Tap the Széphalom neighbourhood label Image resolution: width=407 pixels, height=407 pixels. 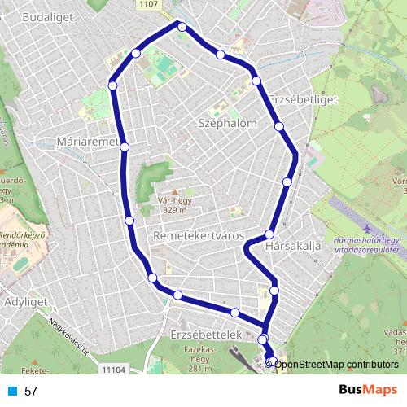pyautogui.click(x=228, y=123)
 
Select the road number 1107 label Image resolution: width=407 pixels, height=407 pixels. pyautogui.click(x=171, y=5)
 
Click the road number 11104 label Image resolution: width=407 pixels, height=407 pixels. pyautogui.click(x=115, y=370)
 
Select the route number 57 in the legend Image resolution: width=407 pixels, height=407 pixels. pyautogui.click(x=31, y=391)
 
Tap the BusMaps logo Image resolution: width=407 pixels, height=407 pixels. pyautogui.click(x=363, y=390)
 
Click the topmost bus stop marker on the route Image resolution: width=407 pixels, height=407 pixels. pyautogui.click(x=182, y=27)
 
